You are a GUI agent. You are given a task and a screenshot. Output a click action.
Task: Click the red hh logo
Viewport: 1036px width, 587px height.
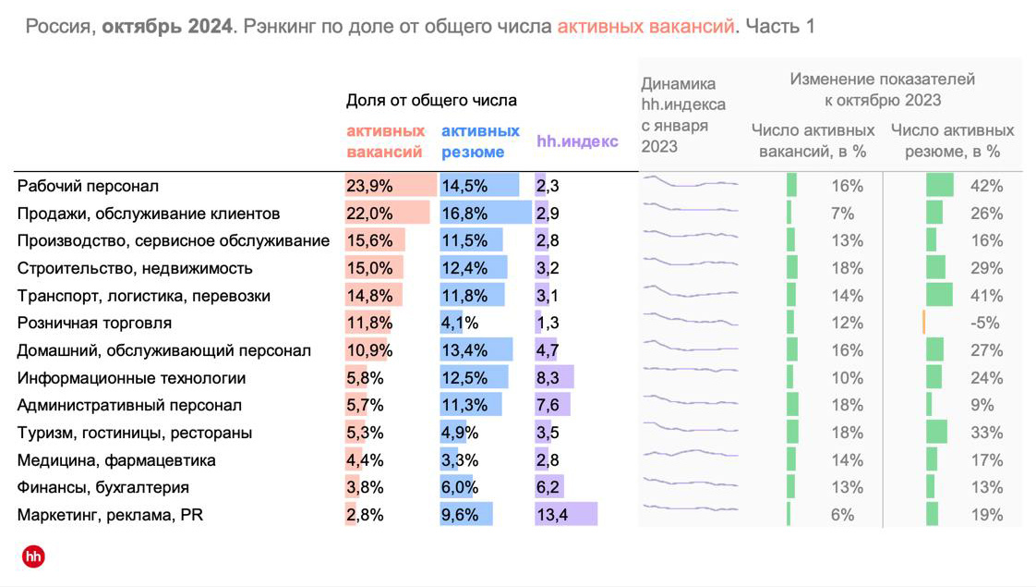(33, 556)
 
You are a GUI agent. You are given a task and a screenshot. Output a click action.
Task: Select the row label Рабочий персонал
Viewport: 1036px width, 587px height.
(88, 186)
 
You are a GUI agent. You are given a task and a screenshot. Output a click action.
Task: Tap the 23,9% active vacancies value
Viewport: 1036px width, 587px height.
(369, 186)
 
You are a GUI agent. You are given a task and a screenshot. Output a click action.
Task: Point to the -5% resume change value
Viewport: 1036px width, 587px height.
(986, 324)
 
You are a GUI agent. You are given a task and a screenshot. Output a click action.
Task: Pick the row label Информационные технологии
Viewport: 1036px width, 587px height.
(131, 378)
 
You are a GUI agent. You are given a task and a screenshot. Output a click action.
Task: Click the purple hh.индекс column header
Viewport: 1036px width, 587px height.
(577, 141)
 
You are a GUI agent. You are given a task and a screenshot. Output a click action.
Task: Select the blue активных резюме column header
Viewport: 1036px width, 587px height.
(480, 141)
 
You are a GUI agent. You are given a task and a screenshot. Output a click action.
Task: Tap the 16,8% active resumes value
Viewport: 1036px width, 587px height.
(464, 214)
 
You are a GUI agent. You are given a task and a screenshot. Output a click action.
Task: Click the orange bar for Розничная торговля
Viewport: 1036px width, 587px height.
(923, 323)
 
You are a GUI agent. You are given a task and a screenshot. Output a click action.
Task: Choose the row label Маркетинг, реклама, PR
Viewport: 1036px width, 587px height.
(110, 515)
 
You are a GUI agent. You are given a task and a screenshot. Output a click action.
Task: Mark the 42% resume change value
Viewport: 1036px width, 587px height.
(986, 186)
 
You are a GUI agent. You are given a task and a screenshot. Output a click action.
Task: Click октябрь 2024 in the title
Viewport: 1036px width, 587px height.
(166, 26)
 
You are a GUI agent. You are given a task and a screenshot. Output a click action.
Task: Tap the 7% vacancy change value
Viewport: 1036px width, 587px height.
(842, 214)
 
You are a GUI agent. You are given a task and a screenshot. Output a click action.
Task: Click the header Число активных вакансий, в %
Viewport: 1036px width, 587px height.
(813, 141)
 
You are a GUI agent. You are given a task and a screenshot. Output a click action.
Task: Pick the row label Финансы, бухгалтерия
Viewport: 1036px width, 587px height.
(103, 487)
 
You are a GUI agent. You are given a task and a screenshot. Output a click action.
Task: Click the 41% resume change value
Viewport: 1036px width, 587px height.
(986, 296)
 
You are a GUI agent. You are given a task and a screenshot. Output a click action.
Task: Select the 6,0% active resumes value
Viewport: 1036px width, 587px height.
(460, 487)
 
